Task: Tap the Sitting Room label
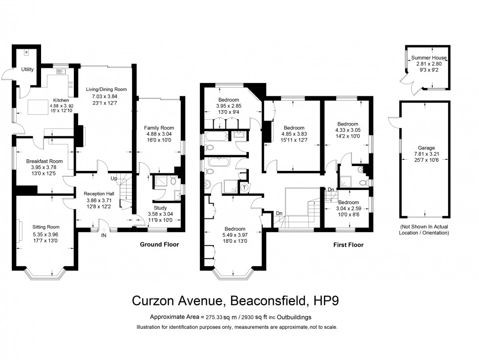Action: pos(45,227)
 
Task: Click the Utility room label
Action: pos(27,69)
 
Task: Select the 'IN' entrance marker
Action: pos(104,235)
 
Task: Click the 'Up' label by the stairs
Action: pos(113,178)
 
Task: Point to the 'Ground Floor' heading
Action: pos(159,244)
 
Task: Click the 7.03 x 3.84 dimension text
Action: pos(106,96)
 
